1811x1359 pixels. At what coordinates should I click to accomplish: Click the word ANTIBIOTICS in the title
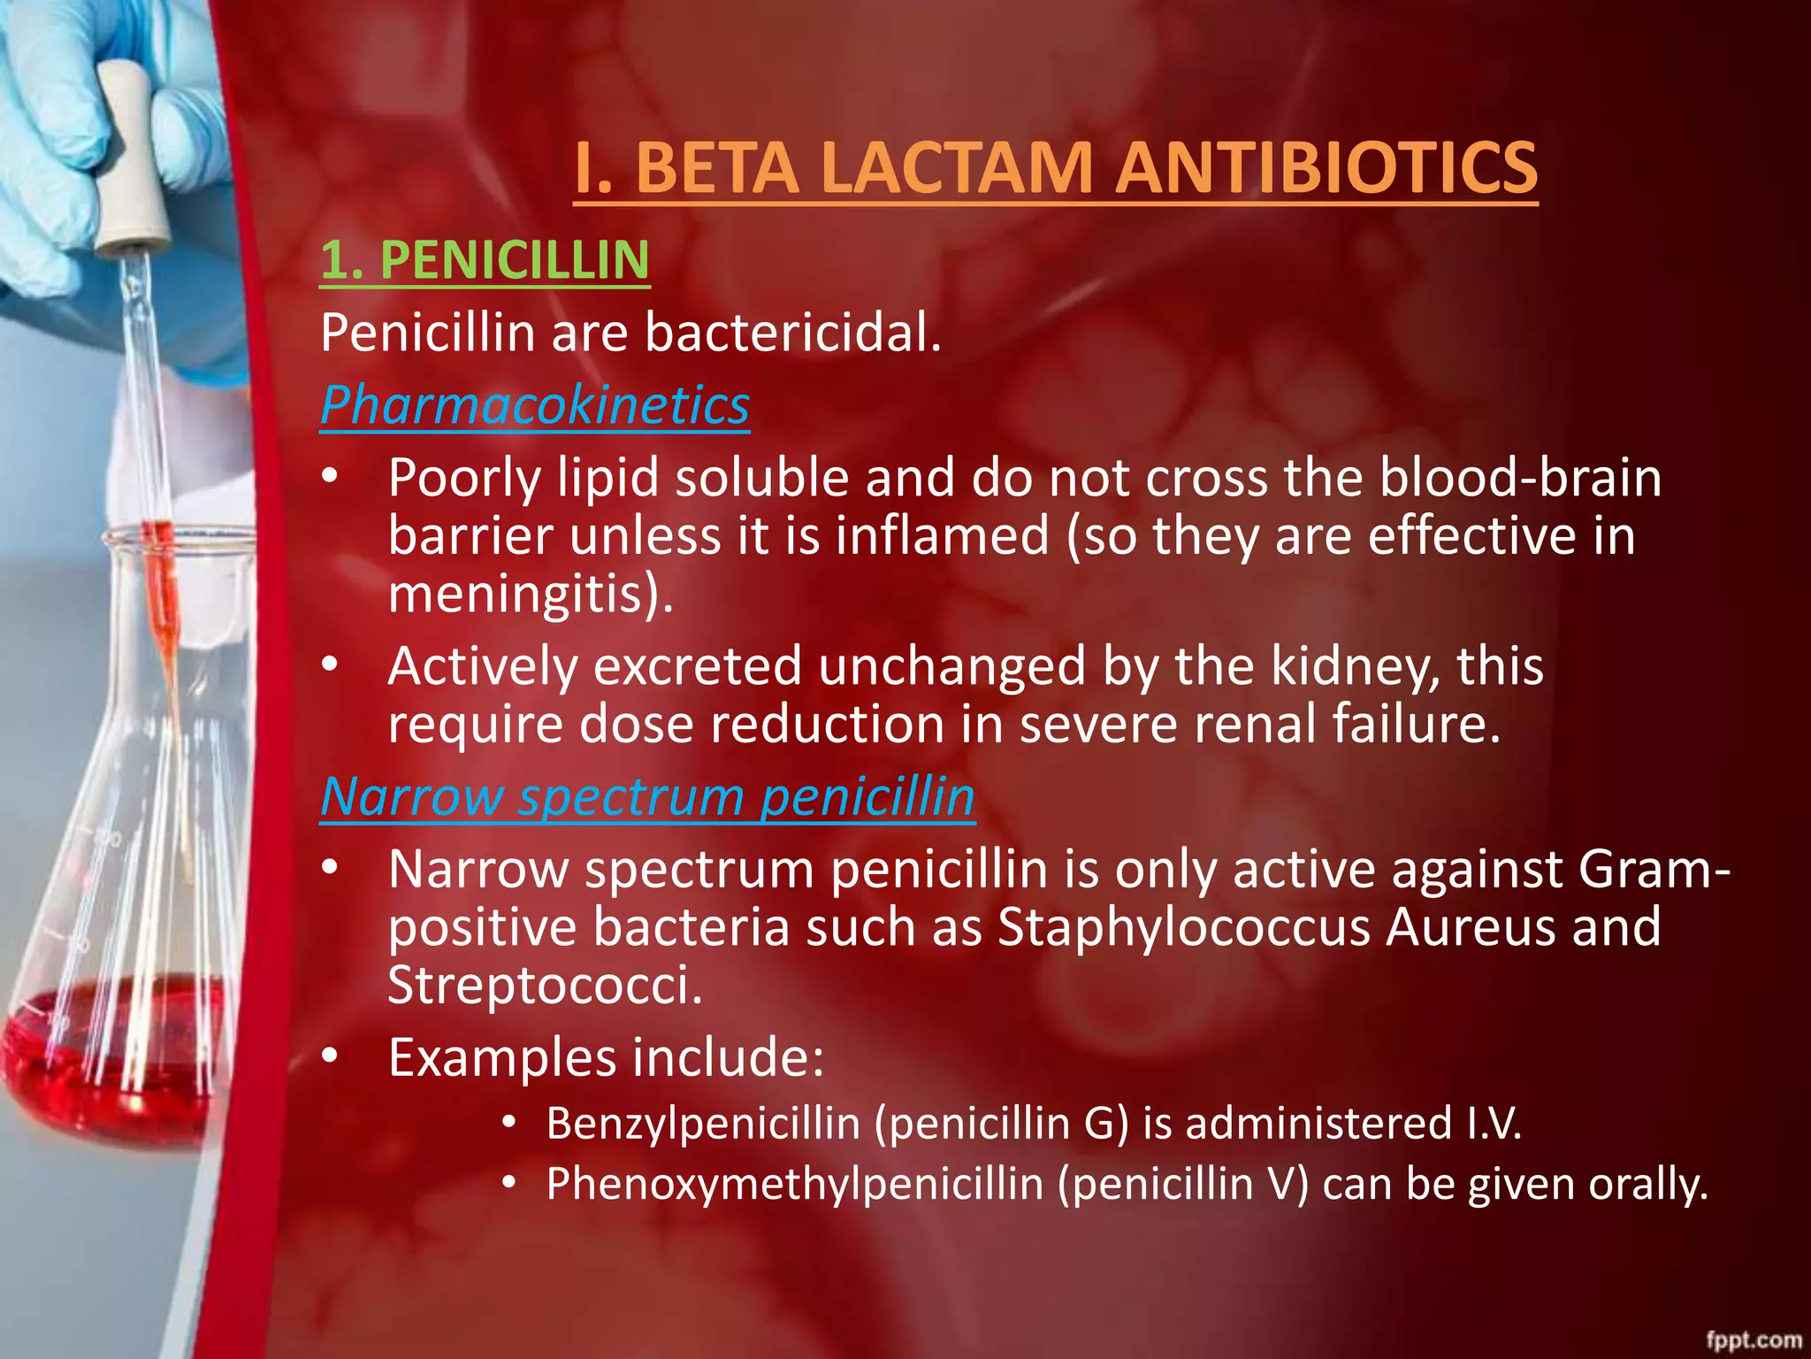[x=1326, y=168]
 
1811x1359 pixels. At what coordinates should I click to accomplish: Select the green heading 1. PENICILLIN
[x=485, y=260]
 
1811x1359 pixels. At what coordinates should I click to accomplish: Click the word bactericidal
[x=792, y=333]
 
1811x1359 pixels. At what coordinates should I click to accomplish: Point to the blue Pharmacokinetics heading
[x=535, y=405]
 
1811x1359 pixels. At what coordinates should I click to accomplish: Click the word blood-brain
[x=1520, y=478]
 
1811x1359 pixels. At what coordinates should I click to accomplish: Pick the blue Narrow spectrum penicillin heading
[x=647, y=796]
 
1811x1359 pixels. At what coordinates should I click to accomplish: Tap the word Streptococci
[x=543, y=985]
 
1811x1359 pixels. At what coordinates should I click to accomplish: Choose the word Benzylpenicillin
[x=703, y=1124]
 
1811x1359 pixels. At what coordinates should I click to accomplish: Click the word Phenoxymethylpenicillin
[x=795, y=1184]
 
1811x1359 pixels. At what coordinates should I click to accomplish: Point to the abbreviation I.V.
[x=1494, y=1124]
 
